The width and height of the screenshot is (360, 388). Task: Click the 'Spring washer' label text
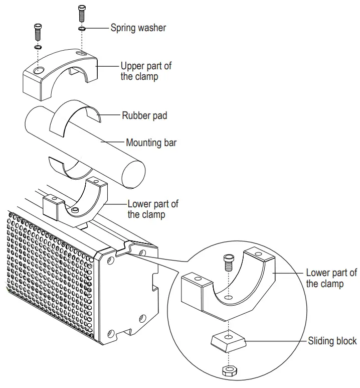138,28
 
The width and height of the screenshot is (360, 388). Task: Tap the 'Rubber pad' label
144,116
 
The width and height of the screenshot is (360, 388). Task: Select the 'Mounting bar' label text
151,143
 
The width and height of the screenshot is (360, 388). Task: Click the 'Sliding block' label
332,341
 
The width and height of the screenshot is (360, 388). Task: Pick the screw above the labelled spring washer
82,12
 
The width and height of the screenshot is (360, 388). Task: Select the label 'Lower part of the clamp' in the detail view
331,278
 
